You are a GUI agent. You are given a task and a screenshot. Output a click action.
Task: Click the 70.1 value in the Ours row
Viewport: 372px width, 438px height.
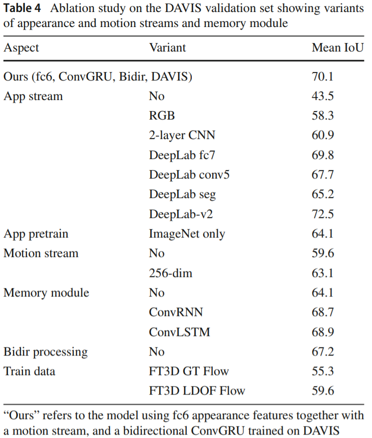322,77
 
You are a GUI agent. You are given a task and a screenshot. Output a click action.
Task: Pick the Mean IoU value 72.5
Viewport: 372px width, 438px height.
322,214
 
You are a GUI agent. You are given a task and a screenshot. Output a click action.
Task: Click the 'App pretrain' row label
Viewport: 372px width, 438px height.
36,233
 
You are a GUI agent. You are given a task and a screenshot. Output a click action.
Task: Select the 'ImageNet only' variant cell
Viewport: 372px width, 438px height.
187,233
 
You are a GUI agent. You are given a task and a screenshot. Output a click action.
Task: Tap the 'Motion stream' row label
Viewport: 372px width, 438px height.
41,253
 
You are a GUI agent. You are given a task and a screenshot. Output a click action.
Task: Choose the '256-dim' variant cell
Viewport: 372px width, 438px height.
170,273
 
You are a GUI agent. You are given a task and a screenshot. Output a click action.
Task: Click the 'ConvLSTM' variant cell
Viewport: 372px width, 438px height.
179,332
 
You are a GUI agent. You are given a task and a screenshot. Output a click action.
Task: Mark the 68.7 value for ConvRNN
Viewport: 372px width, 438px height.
322,312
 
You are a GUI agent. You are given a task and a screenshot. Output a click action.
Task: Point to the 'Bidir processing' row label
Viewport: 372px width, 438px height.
45,352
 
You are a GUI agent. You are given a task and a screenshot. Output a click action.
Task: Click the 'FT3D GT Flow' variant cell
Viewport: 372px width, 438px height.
189,371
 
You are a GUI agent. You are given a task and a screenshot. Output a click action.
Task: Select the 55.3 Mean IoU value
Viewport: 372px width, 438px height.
322,371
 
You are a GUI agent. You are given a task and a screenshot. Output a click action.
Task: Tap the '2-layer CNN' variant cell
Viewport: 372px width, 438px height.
182,135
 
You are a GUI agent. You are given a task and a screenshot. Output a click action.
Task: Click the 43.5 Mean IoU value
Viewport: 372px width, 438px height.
322,96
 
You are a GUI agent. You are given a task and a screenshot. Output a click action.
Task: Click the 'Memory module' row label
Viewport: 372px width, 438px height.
46,292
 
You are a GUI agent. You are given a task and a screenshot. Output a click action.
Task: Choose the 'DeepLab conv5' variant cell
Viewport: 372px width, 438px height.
189,175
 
